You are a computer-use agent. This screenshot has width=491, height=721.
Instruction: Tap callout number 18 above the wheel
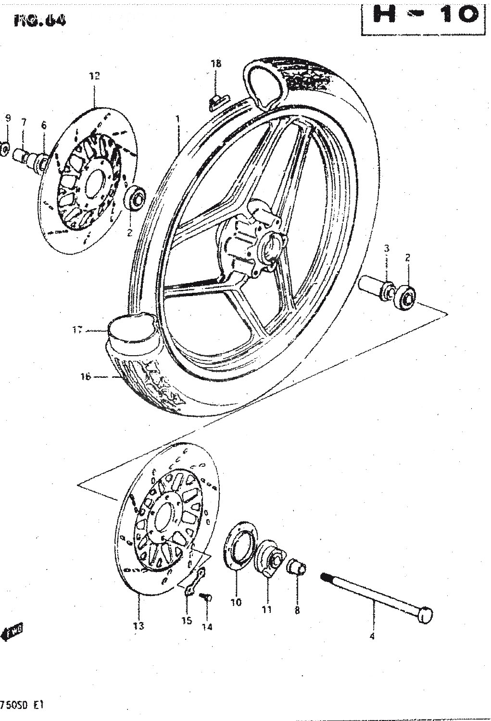point(215,63)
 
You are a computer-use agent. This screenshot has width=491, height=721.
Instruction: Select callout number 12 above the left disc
point(94,75)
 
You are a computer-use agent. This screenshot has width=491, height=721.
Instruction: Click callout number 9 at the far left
point(7,118)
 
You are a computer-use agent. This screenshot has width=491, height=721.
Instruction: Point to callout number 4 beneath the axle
point(372,637)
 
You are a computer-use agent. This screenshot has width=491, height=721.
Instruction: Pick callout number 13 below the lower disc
point(138,626)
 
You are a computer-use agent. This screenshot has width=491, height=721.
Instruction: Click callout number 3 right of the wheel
point(386,249)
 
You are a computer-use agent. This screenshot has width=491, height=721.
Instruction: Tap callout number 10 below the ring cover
point(236,602)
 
